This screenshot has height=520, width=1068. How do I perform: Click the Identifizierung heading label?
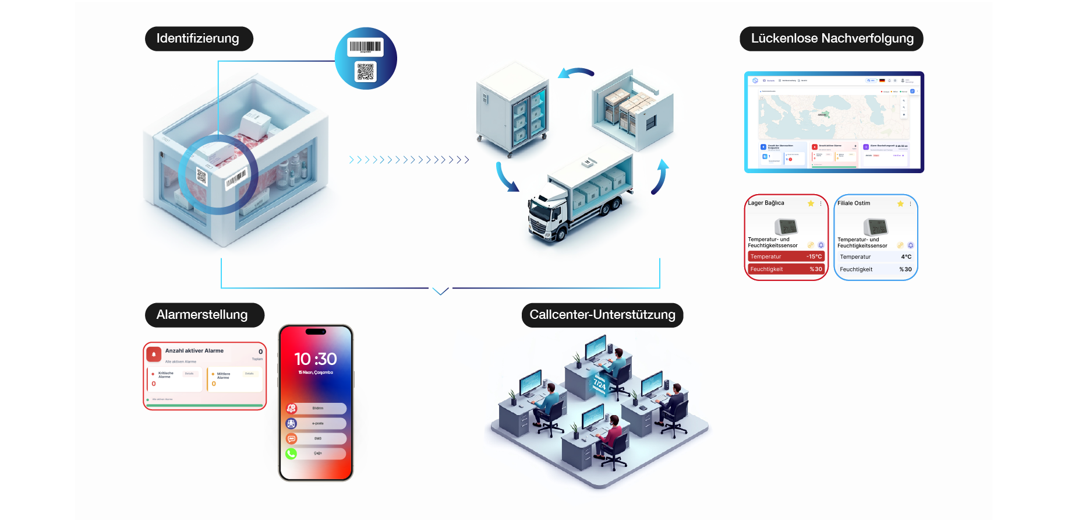(198, 38)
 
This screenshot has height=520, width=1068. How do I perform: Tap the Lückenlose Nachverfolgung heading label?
(832, 38)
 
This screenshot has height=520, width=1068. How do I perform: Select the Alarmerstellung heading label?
(202, 315)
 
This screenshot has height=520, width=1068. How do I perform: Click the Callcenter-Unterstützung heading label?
(602, 315)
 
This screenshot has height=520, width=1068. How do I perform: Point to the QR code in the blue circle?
(366, 72)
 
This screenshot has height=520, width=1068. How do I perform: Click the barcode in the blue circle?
(365, 47)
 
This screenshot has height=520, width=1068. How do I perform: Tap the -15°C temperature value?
(814, 257)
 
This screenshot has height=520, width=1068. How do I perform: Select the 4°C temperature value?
(906, 257)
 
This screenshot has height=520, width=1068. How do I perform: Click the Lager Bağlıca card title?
(766, 203)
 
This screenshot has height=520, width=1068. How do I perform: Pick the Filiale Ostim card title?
(854, 203)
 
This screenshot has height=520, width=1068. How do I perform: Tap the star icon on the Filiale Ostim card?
(900, 203)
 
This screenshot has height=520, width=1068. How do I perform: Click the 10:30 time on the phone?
(316, 359)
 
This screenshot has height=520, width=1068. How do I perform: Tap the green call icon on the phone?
(291, 454)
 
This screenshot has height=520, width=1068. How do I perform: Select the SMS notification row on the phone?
(317, 438)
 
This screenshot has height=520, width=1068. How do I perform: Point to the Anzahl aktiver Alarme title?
(194, 351)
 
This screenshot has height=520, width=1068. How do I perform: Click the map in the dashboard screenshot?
(833, 117)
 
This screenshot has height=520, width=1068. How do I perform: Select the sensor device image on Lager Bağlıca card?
(786, 226)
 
